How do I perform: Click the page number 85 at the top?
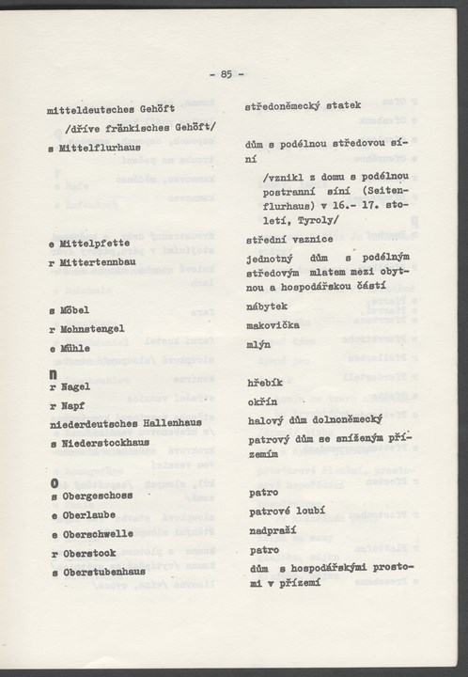(227, 73)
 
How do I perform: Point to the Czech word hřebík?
(267, 385)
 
